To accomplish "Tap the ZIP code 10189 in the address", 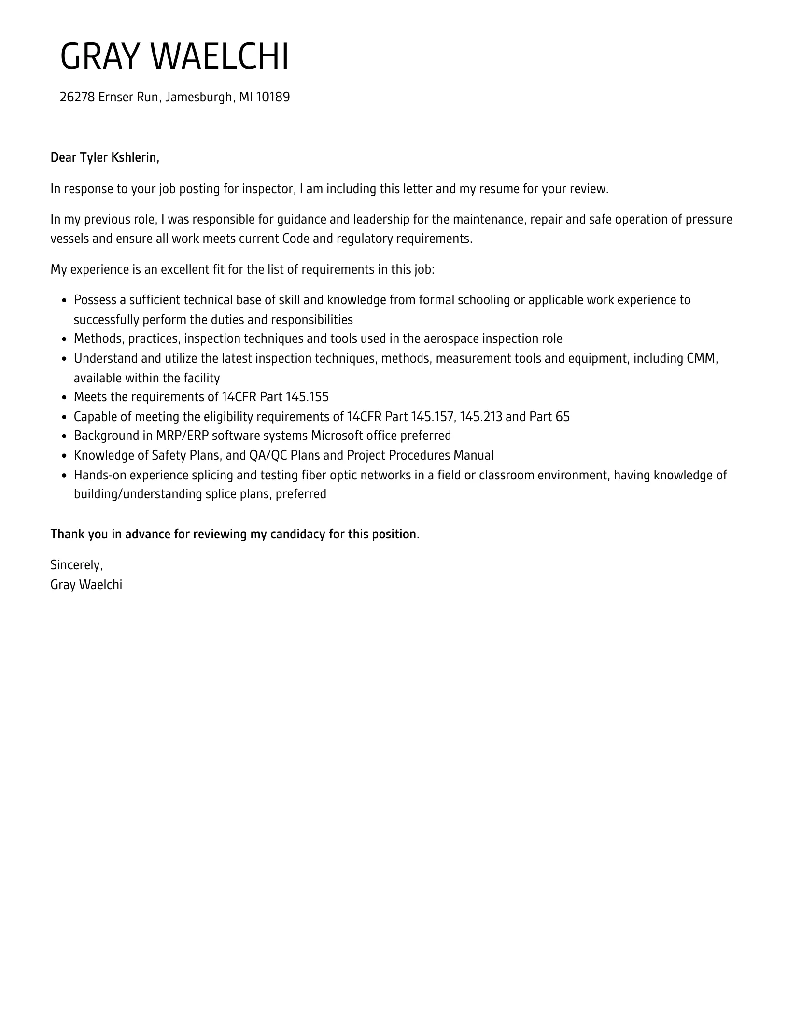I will [x=273, y=97].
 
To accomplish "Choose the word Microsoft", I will [x=337, y=436].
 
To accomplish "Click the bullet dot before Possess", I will [x=64, y=301].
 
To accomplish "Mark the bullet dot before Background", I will [x=64, y=436].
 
